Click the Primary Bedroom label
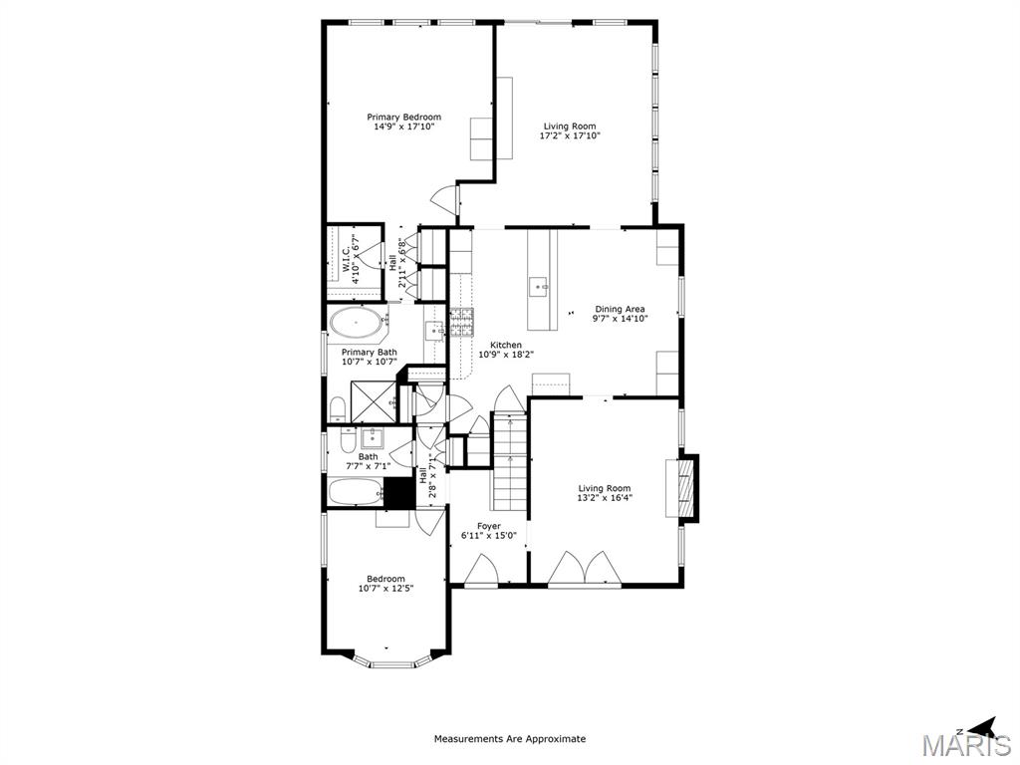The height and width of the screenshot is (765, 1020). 403,117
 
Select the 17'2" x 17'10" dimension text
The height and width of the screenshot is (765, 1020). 570,136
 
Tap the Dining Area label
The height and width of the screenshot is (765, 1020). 620,309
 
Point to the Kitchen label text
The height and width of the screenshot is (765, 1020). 506,345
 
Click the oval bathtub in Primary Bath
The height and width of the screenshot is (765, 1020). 354,324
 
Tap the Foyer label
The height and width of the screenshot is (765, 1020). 488,526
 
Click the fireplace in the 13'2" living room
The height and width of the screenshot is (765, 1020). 685,487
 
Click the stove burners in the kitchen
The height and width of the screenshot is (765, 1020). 461,321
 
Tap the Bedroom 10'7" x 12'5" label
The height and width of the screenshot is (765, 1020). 385,579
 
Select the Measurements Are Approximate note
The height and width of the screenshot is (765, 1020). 509,739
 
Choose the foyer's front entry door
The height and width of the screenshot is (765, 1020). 482,571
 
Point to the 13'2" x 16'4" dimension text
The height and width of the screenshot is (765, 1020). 605,498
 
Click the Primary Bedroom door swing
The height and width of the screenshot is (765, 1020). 443,200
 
